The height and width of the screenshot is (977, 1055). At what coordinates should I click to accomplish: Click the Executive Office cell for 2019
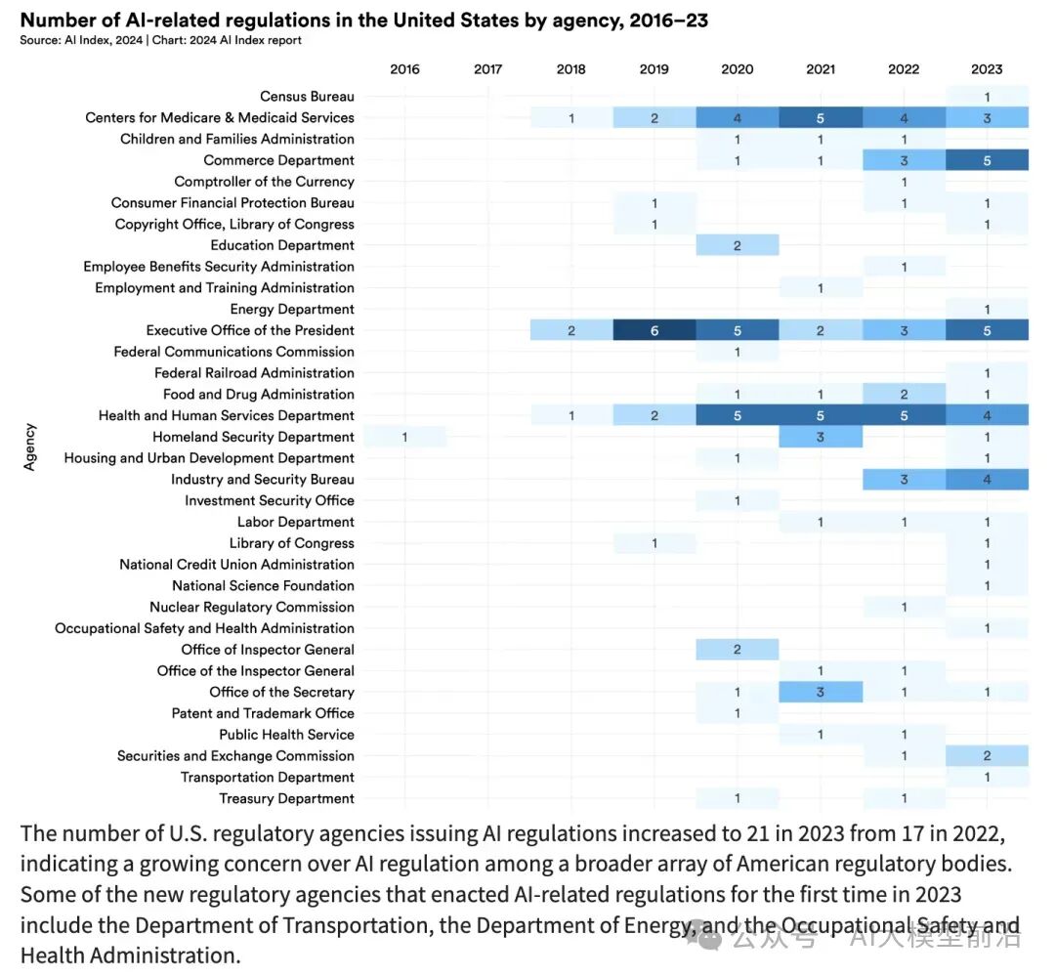coord(654,330)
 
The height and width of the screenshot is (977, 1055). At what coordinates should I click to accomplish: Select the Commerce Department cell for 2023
coord(987,160)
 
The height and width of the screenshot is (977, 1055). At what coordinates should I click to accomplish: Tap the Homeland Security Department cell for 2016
coord(404,437)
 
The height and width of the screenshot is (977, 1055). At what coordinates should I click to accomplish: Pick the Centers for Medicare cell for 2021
coord(821,117)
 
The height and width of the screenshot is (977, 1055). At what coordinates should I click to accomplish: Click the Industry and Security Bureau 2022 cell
coord(904,480)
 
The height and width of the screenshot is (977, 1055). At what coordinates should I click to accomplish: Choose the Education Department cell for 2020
coord(738,245)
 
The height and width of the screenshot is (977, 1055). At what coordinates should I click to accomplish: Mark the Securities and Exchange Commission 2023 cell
coord(987,756)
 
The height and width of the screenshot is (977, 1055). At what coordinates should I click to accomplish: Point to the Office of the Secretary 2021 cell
coord(821,692)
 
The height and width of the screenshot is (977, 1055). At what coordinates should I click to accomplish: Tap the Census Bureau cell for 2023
coord(987,97)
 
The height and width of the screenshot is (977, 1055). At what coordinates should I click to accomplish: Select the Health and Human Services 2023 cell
coord(987,415)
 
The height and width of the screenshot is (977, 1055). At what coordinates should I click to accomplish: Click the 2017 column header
coord(487,68)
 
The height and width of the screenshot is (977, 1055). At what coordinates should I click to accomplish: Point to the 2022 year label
coord(904,68)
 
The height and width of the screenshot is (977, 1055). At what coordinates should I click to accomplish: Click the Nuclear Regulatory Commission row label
coord(252,607)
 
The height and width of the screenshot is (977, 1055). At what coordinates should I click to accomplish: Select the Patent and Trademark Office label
coord(263,713)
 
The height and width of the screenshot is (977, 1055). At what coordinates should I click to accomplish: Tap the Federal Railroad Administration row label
coord(254,373)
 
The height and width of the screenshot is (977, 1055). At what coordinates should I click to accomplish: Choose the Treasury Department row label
coord(286,798)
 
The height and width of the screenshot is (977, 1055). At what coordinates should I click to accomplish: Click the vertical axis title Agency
coord(29,446)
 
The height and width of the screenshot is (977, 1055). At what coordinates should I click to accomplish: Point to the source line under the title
coord(160,40)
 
